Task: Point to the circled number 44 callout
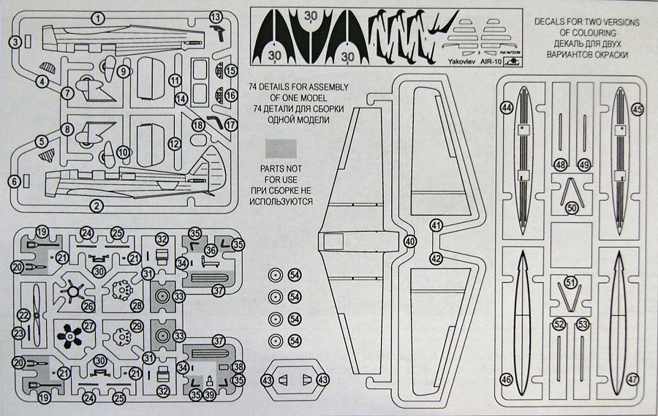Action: [506, 108]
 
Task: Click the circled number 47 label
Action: [632, 379]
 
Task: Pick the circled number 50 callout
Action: [572, 208]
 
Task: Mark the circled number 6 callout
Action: [14, 180]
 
